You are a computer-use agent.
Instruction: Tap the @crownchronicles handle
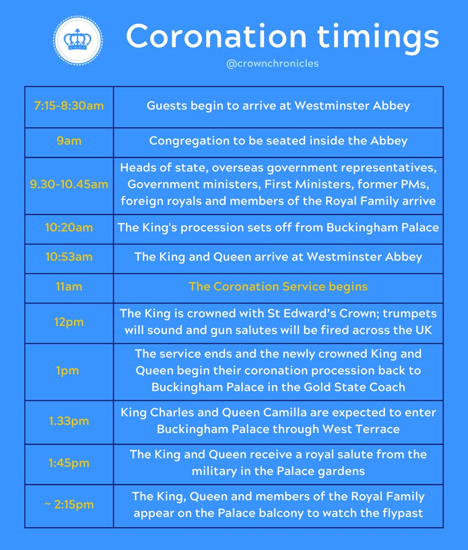(272, 63)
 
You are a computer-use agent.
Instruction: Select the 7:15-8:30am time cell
(69, 106)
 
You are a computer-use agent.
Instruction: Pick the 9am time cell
(69, 141)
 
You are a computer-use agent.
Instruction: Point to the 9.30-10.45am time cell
(69, 185)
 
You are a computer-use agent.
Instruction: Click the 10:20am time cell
(69, 227)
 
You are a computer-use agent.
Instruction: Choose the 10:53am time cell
(69, 257)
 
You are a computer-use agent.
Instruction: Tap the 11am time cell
(69, 286)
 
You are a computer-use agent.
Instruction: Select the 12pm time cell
(69, 322)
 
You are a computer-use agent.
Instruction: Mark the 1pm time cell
(69, 371)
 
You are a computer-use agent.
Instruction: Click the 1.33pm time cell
(69, 421)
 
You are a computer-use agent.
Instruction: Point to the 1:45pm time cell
(69, 463)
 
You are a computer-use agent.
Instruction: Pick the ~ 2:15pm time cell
(69, 505)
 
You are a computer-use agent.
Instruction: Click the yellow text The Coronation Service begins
(278, 286)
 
